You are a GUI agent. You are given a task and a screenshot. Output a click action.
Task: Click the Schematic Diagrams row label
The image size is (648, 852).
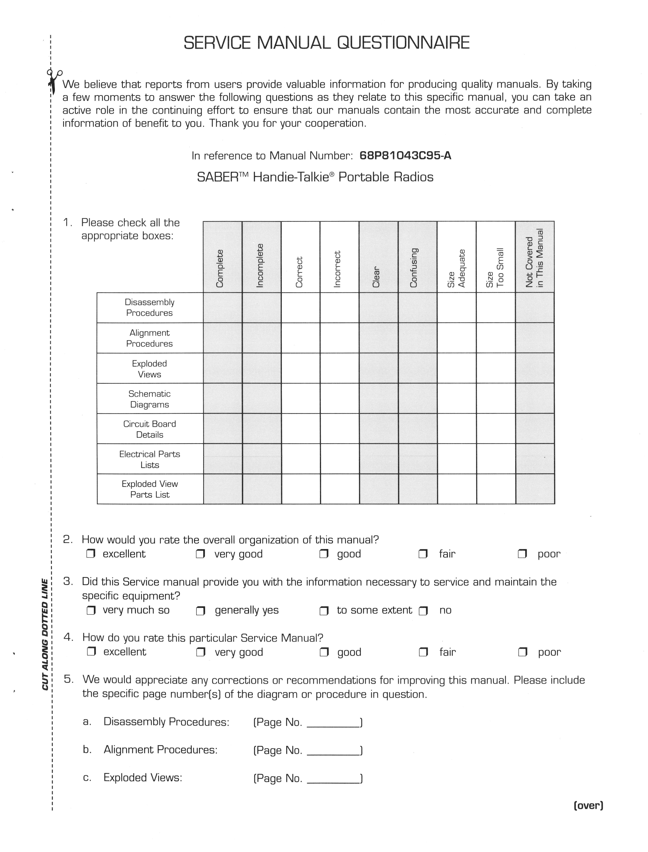[x=150, y=399]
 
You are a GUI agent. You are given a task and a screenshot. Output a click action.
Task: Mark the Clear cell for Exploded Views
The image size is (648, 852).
[x=379, y=368]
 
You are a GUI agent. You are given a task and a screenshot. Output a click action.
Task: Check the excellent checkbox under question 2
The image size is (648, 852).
[x=91, y=554]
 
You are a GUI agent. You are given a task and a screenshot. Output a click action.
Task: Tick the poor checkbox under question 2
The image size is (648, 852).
[x=522, y=554]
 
